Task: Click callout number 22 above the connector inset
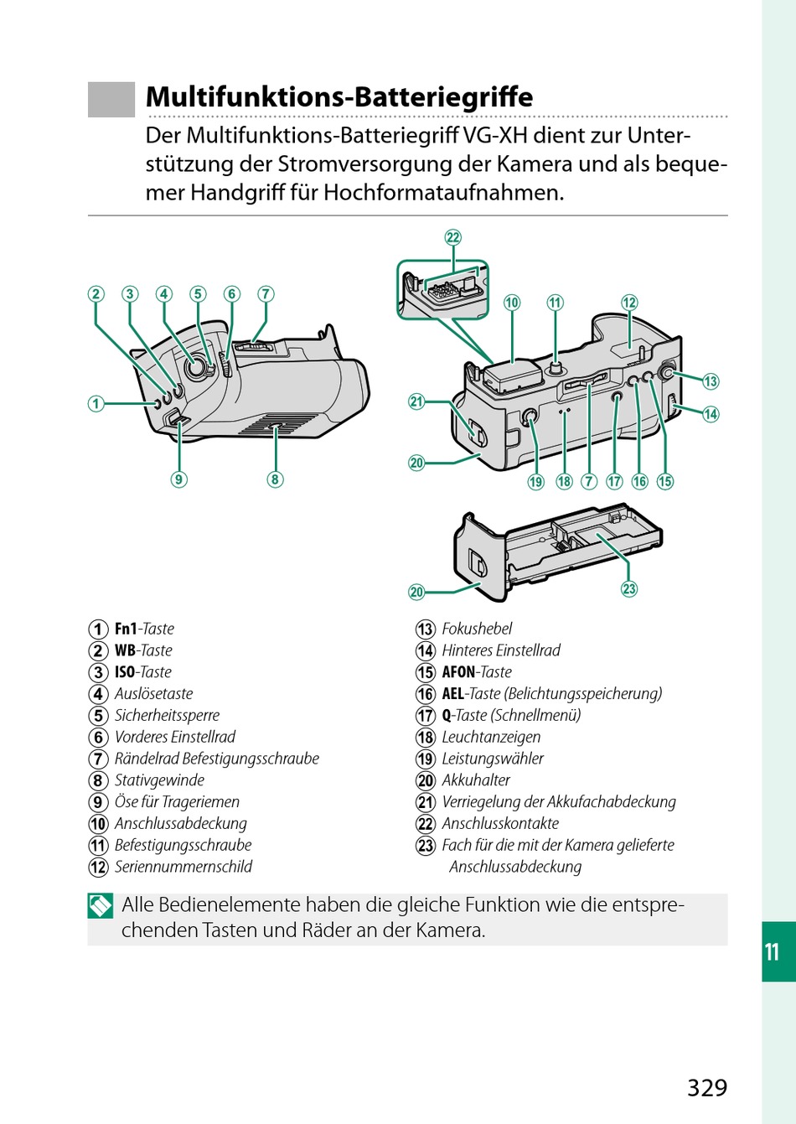tap(453, 237)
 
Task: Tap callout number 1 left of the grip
tap(96, 403)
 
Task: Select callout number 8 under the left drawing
tap(275, 479)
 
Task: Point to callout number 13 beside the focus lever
tap(711, 381)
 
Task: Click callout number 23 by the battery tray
tap(629, 588)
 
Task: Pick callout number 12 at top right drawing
tap(629, 303)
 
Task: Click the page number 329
tap(707, 1087)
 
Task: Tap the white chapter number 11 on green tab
tap(772, 951)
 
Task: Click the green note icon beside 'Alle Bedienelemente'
tap(101, 906)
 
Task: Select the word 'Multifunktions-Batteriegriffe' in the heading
tap(339, 96)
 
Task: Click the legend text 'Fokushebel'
tap(477, 629)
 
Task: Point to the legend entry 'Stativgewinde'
tap(159, 780)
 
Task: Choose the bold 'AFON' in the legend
tap(458, 672)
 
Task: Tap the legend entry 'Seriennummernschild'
tap(183, 867)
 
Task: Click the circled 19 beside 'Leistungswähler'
tap(426, 759)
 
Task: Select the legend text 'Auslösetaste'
tap(153, 694)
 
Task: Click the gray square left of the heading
tap(111, 99)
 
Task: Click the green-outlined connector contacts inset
tap(442, 290)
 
